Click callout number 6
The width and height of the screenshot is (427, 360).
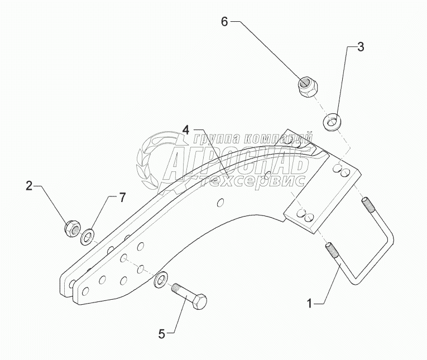[x=224, y=22]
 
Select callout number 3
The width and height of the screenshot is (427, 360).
[x=361, y=47]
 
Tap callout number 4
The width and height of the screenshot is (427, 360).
[x=186, y=129]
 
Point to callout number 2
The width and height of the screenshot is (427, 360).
[x=28, y=186]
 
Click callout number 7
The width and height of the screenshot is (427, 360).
[x=122, y=196]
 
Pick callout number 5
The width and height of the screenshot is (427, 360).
[x=162, y=334]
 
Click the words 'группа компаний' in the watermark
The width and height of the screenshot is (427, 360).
[x=252, y=137]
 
